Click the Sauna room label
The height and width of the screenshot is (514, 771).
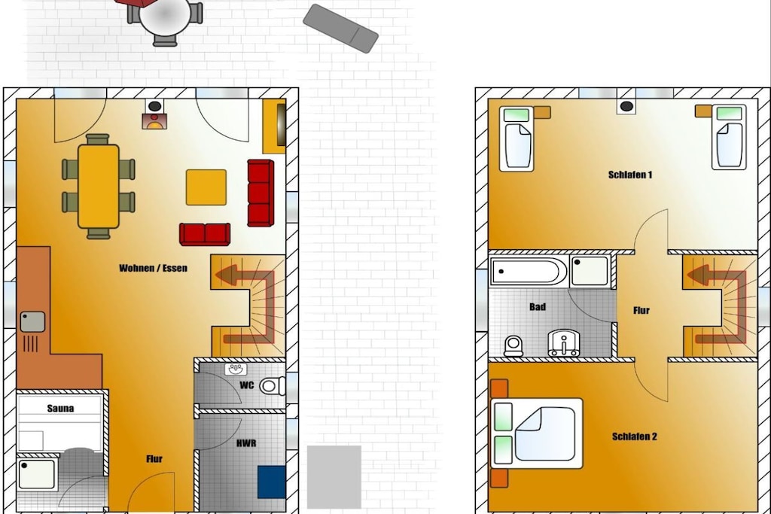(x=60, y=409)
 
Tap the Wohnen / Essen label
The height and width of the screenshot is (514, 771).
(x=153, y=268)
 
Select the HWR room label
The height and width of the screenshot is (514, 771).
(x=246, y=443)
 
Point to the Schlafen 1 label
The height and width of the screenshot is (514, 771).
(x=630, y=175)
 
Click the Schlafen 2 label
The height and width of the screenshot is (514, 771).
(x=634, y=436)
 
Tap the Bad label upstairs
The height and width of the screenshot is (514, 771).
(x=538, y=306)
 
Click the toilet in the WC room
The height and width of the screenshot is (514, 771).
(x=271, y=386)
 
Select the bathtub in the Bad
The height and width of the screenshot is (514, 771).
(x=529, y=271)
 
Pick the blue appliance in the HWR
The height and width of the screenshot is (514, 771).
(x=271, y=482)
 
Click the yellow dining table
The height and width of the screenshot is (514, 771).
(x=99, y=186)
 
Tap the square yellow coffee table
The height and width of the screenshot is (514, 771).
(x=206, y=187)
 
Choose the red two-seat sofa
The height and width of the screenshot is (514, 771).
(x=205, y=234)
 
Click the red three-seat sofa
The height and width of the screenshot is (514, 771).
(x=261, y=193)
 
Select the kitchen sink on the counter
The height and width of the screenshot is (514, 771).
(x=32, y=322)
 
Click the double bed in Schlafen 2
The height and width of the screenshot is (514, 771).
(x=537, y=433)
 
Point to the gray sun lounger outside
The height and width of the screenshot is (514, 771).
(x=341, y=29)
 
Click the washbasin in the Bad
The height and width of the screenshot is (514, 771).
(x=563, y=342)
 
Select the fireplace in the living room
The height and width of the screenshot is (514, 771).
(x=154, y=114)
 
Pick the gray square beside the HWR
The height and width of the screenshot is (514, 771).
(x=334, y=476)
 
